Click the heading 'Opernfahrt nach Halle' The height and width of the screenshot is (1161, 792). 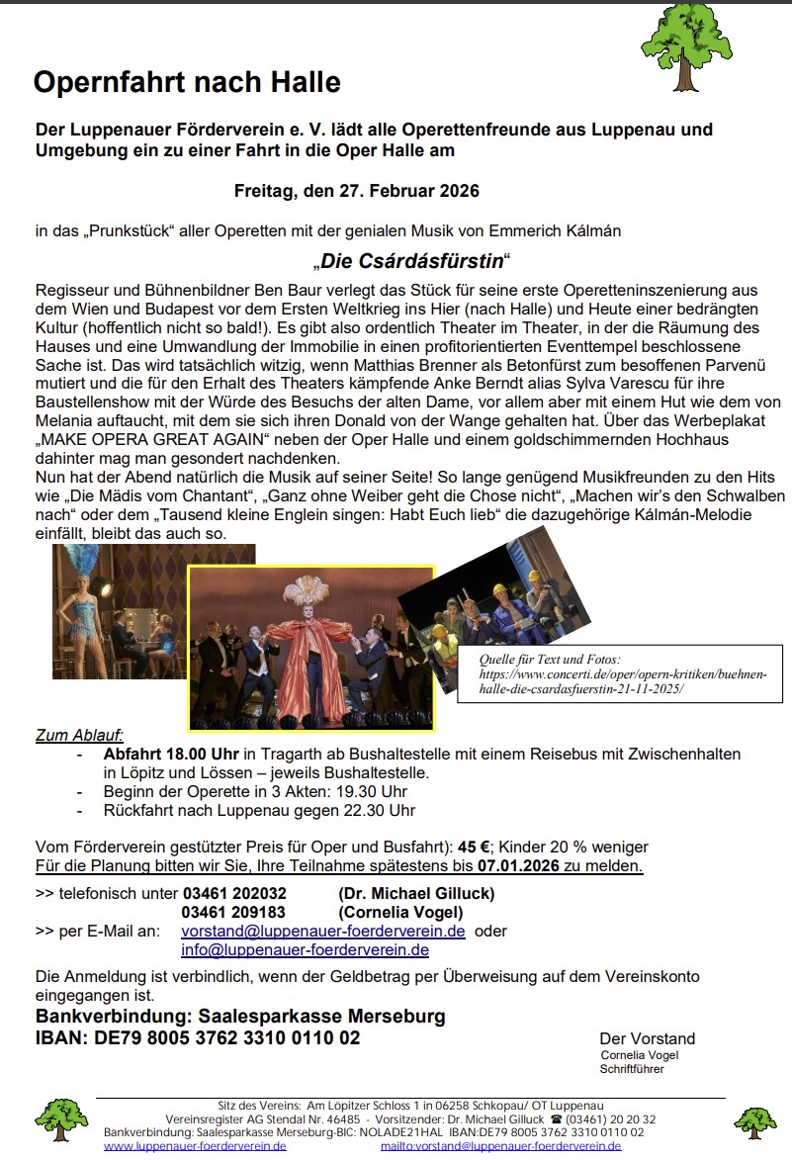point(187,82)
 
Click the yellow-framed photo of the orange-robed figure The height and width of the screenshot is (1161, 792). point(311,647)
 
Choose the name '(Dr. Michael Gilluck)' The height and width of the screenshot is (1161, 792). point(416,893)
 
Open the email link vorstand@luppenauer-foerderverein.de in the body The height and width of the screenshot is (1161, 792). point(323,931)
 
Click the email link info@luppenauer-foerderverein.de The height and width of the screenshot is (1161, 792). point(305,949)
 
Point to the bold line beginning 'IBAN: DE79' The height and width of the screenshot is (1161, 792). point(198,1038)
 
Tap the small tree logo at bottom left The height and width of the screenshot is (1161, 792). point(62,1118)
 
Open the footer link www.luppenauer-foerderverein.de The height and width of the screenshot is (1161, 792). point(195,1145)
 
